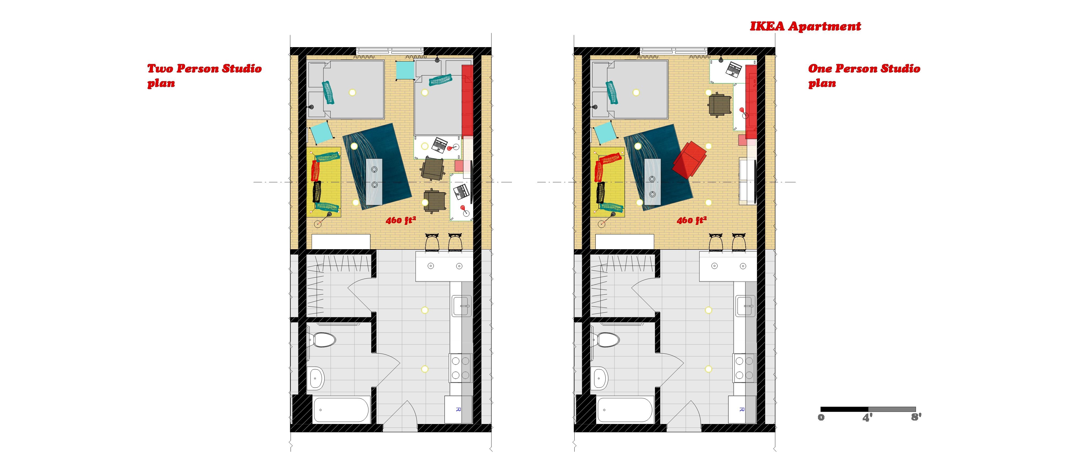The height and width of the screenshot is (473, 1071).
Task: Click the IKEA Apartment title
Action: (x=805, y=26)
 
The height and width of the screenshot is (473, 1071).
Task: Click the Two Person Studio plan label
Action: (x=204, y=75)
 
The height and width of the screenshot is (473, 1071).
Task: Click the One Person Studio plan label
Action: (x=864, y=75)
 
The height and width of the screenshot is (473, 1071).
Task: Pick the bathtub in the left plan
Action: (x=341, y=410)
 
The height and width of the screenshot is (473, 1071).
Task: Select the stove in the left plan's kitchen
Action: (x=460, y=368)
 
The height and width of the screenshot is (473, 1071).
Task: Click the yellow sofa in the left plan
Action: (x=324, y=182)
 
